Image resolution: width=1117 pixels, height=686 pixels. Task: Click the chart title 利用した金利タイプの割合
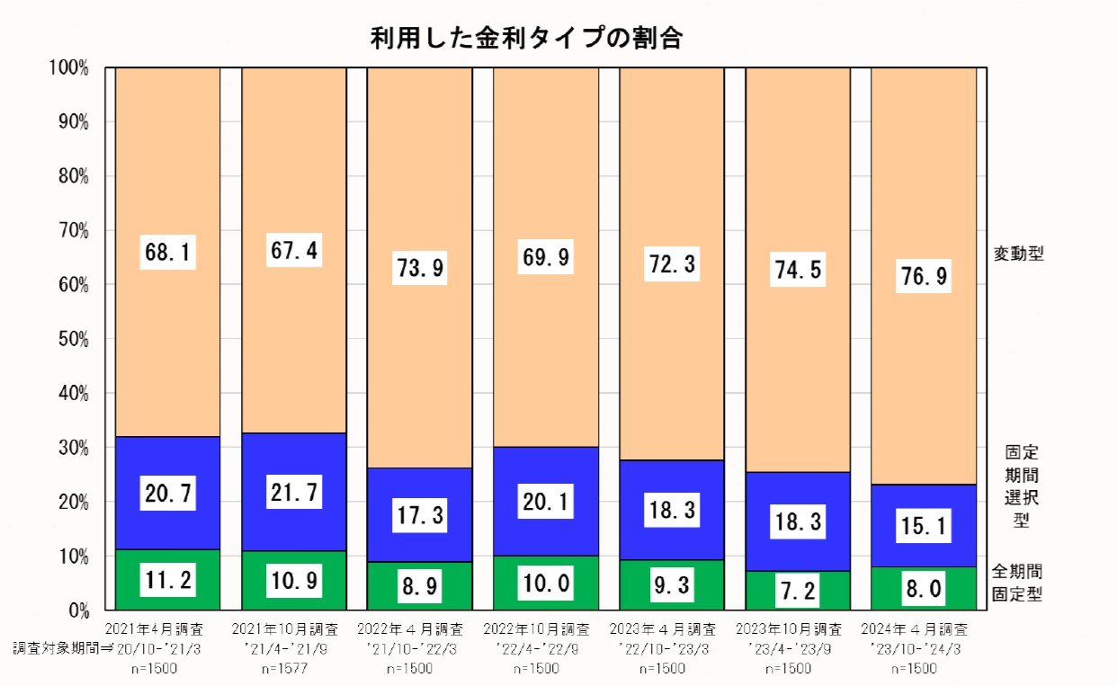[526, 39]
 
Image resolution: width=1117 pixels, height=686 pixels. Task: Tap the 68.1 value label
[168, 254]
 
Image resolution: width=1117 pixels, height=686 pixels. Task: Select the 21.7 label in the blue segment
[294, 493]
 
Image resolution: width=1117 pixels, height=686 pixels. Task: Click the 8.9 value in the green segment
[420, 587]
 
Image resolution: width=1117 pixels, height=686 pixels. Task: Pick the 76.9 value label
[924, 276]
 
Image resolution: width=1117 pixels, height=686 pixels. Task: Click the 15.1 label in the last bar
[924, 525]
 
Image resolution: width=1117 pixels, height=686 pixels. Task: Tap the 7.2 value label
[798, 592]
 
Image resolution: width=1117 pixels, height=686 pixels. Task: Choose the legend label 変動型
[1018, 254]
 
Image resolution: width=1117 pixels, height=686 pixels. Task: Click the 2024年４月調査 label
[914, 628]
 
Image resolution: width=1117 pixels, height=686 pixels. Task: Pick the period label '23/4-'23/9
[788, 648]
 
